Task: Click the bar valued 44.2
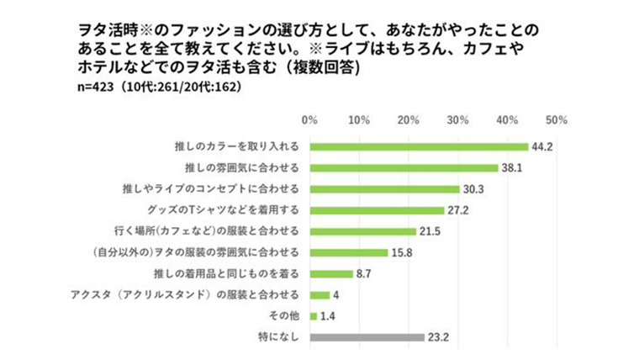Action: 419,146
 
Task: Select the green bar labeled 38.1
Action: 404,167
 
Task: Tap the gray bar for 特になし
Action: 367,337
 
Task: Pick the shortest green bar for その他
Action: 313,316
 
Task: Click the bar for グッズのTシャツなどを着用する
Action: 377,209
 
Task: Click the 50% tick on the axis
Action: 557,119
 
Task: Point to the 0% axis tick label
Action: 309,119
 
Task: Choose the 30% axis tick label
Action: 458,119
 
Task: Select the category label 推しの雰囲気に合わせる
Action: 248,167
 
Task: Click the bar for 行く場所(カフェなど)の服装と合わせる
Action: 362,231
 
